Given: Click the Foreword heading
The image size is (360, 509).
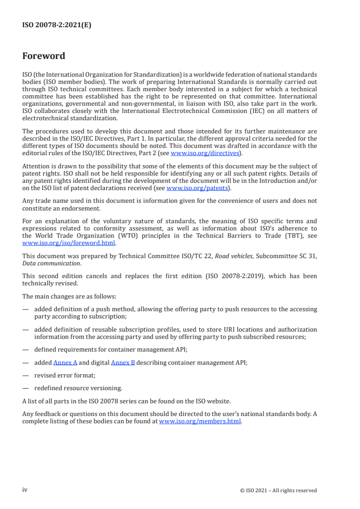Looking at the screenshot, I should pyautogui.click(x=44, y=56).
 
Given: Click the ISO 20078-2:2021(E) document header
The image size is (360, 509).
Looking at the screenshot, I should pyautogui.click(x=57, y=25).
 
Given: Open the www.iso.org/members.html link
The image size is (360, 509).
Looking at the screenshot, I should pyautogui.click(x=200, y=421).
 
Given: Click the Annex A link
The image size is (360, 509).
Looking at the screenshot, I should pyautogui.click(x=65, y=362).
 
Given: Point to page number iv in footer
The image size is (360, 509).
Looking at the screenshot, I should pyautogui.click(x=25, y=489).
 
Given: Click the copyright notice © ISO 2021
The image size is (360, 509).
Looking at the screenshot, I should pyautogui.click(x=278, y=490).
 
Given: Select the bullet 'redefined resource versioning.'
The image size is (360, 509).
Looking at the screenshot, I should pyautogui.click(x=78, y=388).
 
